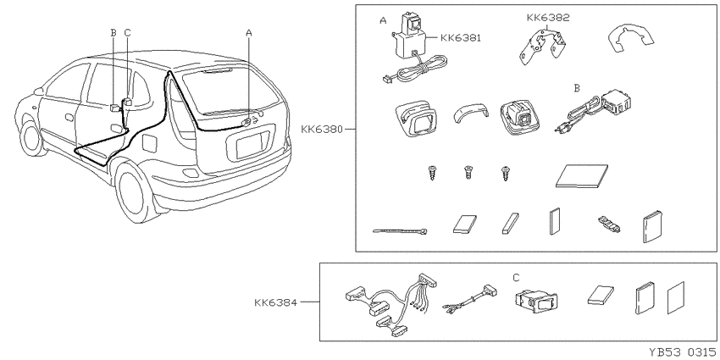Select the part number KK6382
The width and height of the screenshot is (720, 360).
click(548, 18)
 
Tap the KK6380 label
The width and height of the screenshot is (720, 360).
click(322, 129)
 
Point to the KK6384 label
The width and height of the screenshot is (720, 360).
click(275, 302)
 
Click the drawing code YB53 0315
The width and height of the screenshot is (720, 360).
click(683, 352)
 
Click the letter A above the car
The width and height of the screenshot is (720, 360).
click(249, 32)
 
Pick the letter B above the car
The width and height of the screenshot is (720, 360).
click(114, 32)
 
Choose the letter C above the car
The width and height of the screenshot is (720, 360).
click(128, 32)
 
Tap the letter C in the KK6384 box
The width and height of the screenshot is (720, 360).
click(516, 278)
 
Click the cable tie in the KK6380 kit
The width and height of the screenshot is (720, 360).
click(400, 231)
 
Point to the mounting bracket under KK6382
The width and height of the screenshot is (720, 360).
click(542, 46)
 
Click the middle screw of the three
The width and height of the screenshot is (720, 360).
click(468, 173)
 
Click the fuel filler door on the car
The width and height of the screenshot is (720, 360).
click(150, 142)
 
